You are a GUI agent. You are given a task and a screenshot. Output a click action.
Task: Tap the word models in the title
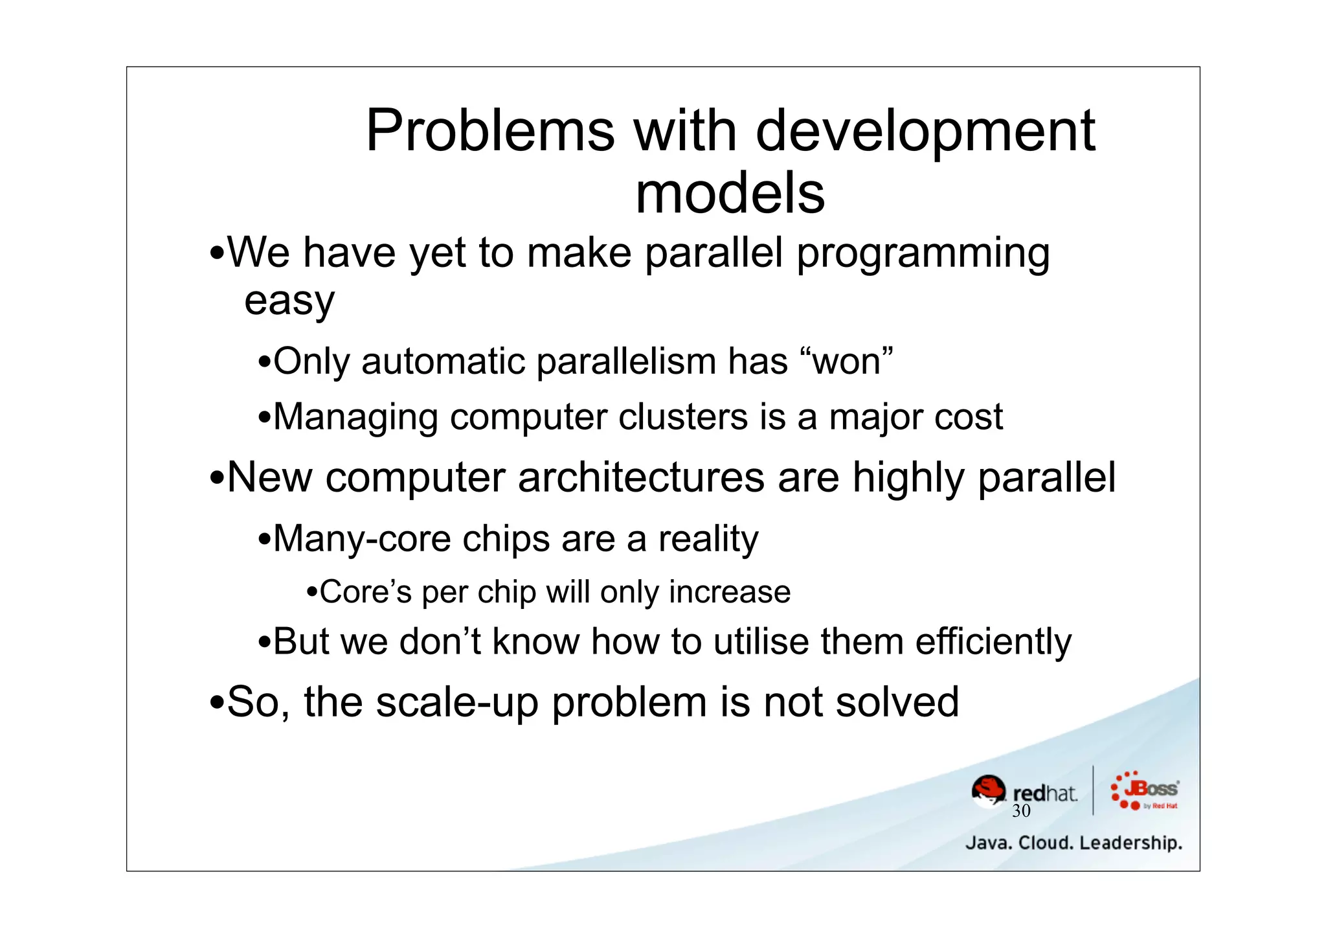(730, 194)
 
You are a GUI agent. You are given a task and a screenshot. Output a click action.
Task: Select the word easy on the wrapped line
(289, 302)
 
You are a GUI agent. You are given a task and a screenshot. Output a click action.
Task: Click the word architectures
(641, 477)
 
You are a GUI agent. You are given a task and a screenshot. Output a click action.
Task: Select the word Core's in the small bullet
(365, 592)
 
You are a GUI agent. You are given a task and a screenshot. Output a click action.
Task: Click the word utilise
(761, 642)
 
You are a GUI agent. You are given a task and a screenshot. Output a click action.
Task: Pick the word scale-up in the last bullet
(456, 702)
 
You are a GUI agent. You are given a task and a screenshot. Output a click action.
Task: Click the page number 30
(1021, 811)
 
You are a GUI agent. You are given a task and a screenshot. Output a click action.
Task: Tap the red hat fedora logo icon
(989, 791)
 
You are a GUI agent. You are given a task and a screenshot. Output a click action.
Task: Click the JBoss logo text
(1151, 789)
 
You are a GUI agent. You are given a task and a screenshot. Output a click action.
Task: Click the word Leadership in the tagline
(1130, 843)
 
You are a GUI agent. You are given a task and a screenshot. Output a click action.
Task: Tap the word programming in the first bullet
(923, 254)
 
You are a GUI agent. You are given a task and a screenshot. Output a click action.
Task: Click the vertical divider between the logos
(1094, 790)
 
